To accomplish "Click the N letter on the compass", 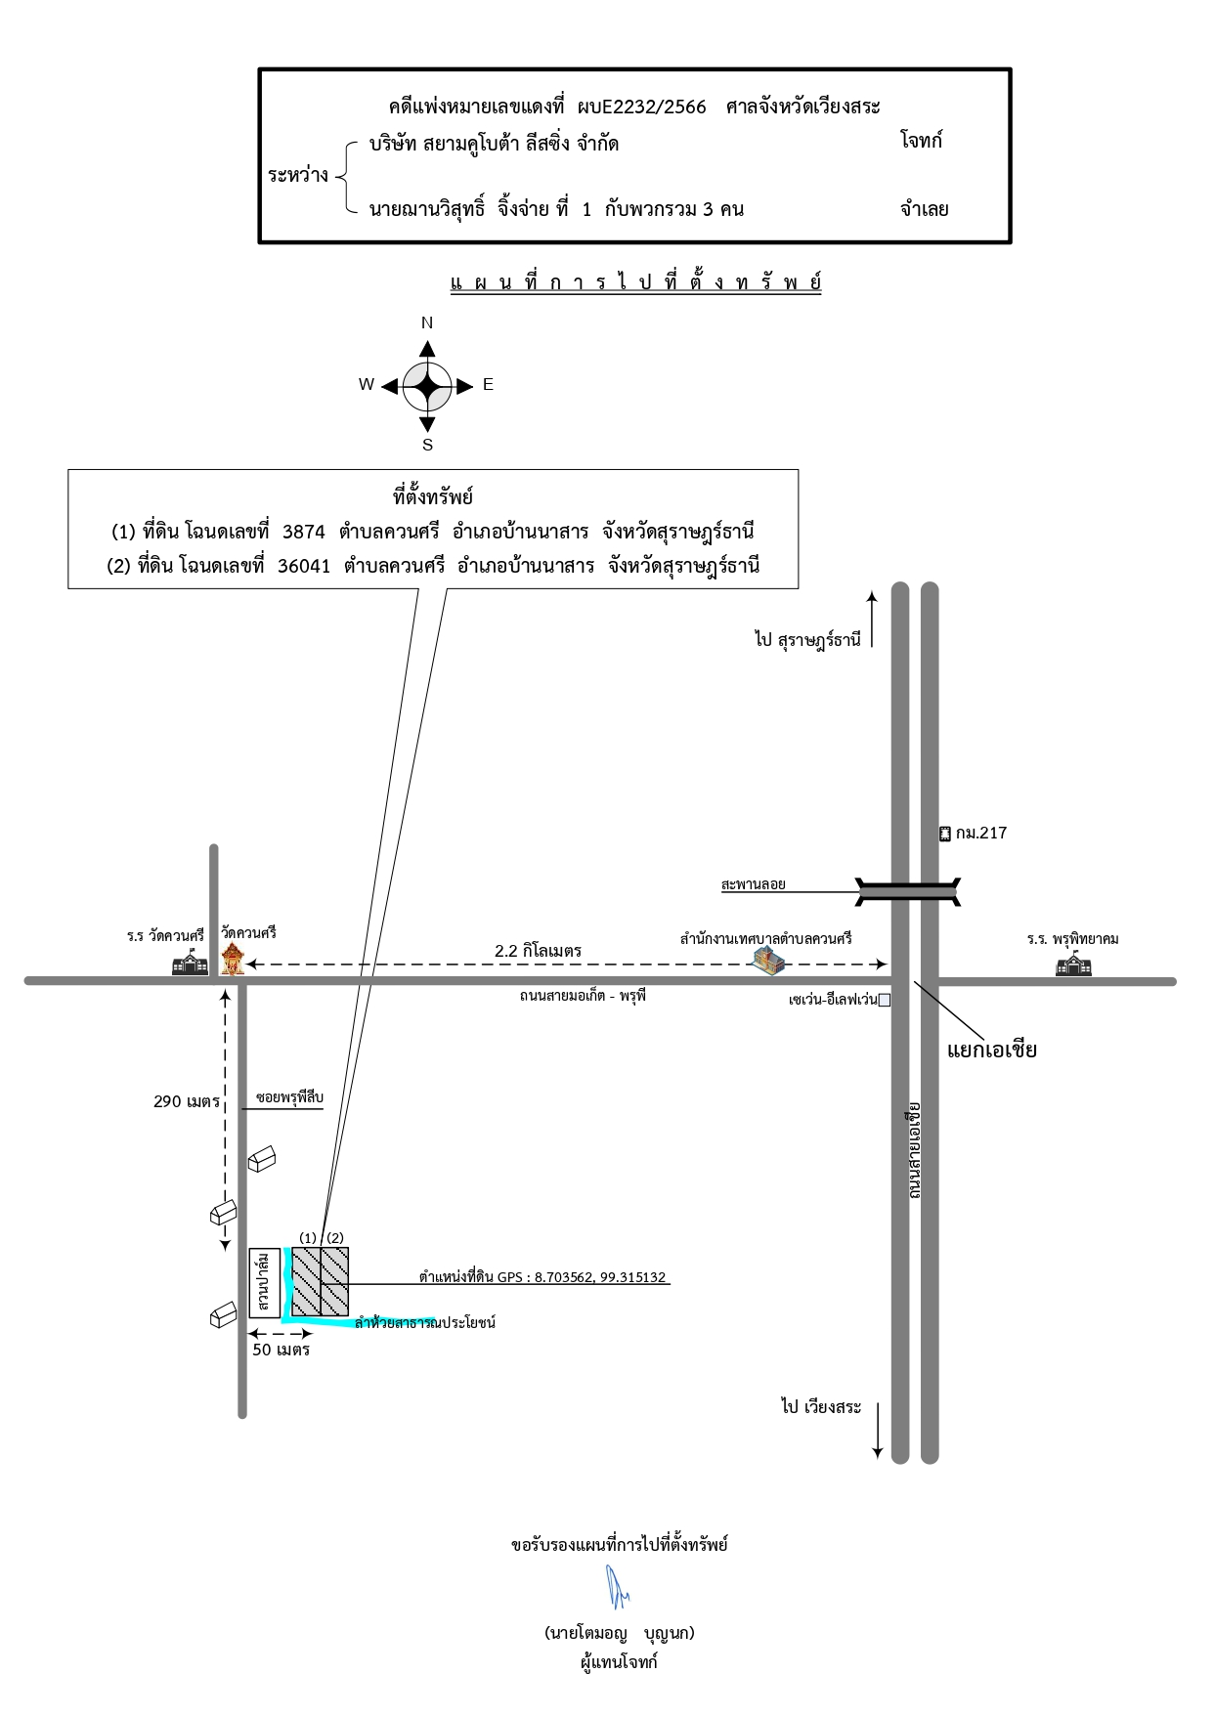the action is point(427,322).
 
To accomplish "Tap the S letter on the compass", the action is point(427,445).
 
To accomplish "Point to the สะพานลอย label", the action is point(754,884).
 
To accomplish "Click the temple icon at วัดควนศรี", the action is point(232,960).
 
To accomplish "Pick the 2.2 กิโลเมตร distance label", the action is point(539,950).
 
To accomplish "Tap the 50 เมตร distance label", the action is point(282,1350).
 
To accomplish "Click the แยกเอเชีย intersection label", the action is point(992,1051).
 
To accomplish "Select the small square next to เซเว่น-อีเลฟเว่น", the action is point(885,1000).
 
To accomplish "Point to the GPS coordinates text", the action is point(542,1277).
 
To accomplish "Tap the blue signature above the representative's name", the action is point(618,1586).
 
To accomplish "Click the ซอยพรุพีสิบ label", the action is point(289,1097).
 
